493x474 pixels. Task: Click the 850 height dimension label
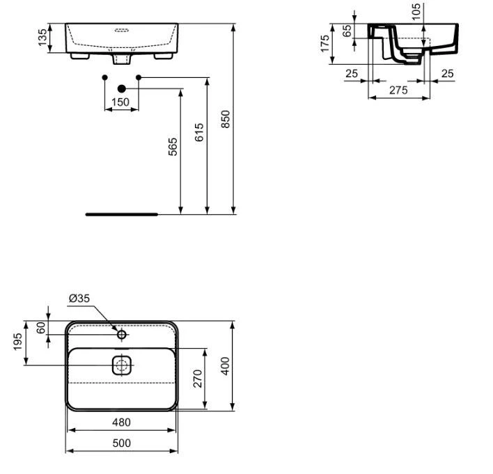coord(226,119)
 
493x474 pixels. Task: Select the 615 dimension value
coord(199,132)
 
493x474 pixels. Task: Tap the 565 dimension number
coord(173,147)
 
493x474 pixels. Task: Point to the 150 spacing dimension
coord(120,102)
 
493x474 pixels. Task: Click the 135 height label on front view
coord(42,38)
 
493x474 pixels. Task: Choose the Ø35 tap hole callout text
coord(79,298)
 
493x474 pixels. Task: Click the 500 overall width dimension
coord(122,443)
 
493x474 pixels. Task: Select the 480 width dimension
coord(121,422)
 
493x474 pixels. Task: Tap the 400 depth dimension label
coord(225,366)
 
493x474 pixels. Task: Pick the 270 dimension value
coord(198,379)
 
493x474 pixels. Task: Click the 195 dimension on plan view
coord(18,342)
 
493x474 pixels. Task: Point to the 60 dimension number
coord(41,328)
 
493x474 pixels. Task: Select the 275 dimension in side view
coord(398,90)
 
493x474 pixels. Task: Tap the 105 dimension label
coord(416,12)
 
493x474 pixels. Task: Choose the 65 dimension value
coord(347,31)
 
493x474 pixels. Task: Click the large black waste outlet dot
coord(122,89)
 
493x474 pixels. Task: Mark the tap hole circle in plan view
coord(122,334)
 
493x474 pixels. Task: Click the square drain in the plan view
coord(122,365)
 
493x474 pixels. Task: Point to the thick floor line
coord(122,214)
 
